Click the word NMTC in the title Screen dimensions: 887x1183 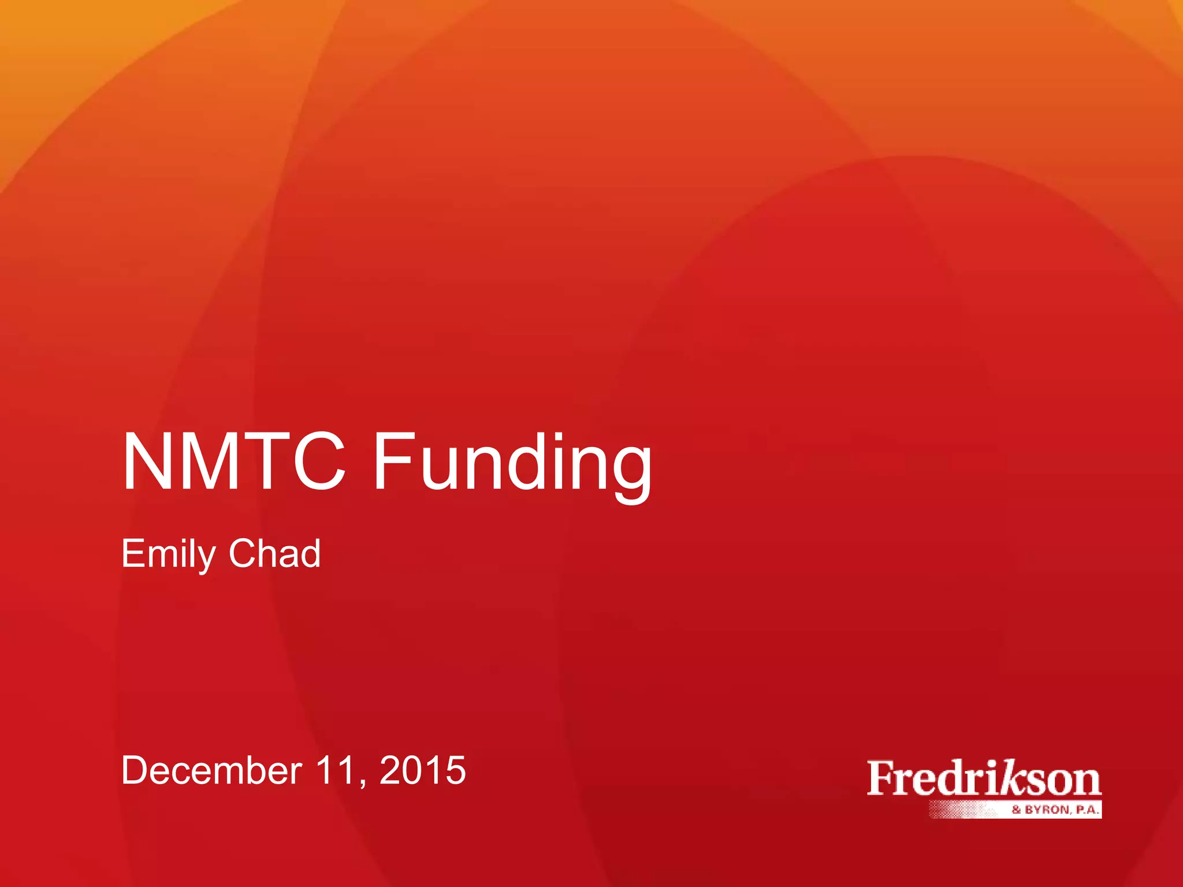(x=234, y=462)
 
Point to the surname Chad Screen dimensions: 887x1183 (x=274, y=553)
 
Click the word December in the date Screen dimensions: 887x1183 (x=211, y=770)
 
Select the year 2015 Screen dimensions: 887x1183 (x=422, y=770)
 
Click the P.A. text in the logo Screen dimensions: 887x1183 (x=1086, y=810)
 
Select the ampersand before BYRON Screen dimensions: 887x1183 (x=1017, y=810)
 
